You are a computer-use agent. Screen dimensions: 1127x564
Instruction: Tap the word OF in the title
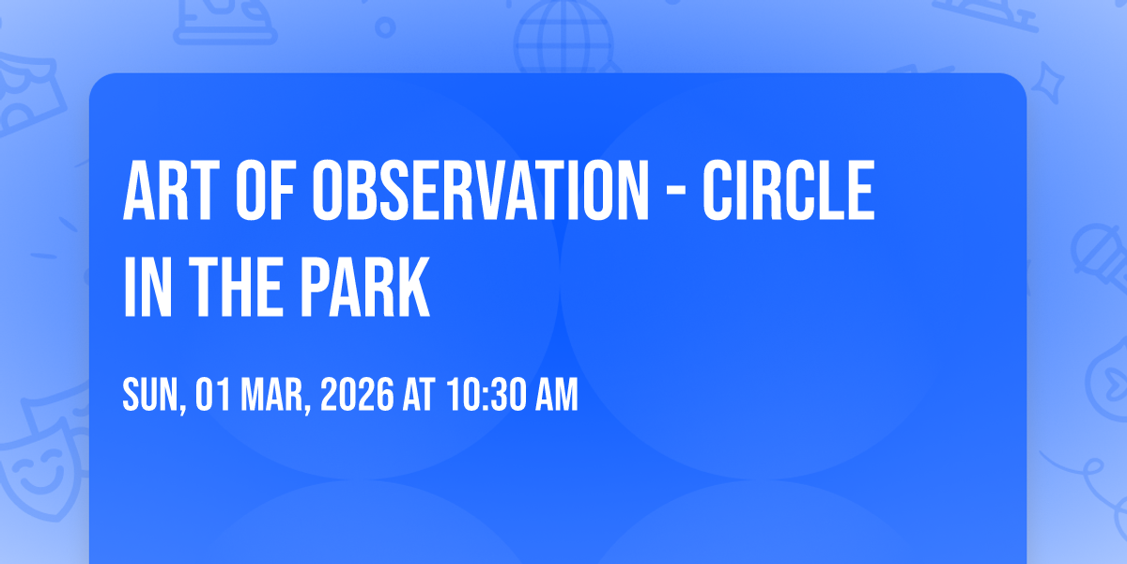(x=266, y=190)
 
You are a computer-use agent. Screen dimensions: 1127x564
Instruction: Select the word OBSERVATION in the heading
(x=481, y=190)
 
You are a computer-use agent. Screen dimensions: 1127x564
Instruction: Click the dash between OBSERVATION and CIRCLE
(x=675, y=193)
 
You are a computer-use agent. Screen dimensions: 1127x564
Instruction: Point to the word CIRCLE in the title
(x=788, y=190)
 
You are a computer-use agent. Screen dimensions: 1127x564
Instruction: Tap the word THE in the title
(x=236, y=287)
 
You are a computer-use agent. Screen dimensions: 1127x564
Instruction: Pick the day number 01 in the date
(x=213, y=394)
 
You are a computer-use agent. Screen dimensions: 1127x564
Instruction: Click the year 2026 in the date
(x=357, y=394)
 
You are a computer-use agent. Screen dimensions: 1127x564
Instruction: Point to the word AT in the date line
(x=419, y=394)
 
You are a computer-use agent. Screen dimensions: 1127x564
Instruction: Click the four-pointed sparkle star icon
(x=1047, y=83)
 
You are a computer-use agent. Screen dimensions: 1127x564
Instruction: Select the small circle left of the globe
(x=385, y=27)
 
